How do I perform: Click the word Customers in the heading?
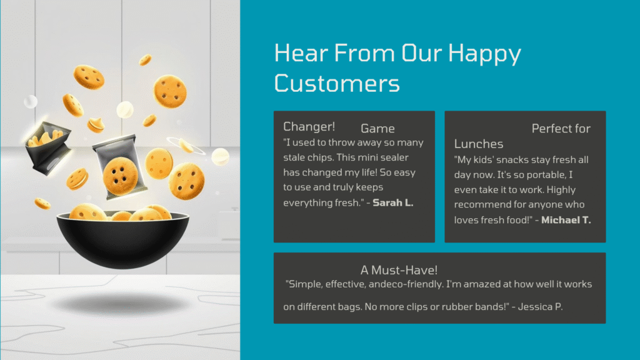tap(337, 83)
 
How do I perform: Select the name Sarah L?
tap(393, 202)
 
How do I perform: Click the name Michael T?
tap(566, 220)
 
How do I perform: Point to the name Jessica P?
tap(540, 306)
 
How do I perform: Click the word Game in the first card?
tap(377, 129)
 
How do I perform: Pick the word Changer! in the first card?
tap(309, 127)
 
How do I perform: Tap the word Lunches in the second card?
tap(479, 144)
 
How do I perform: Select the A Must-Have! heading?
tap(399, 270)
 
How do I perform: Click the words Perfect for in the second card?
tap(561, 129)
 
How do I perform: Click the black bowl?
tap(123, 239)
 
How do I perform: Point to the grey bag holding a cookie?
tap(120, 166)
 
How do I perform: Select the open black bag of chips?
tap(47, 147)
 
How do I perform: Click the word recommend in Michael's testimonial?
tap(478, 204)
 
